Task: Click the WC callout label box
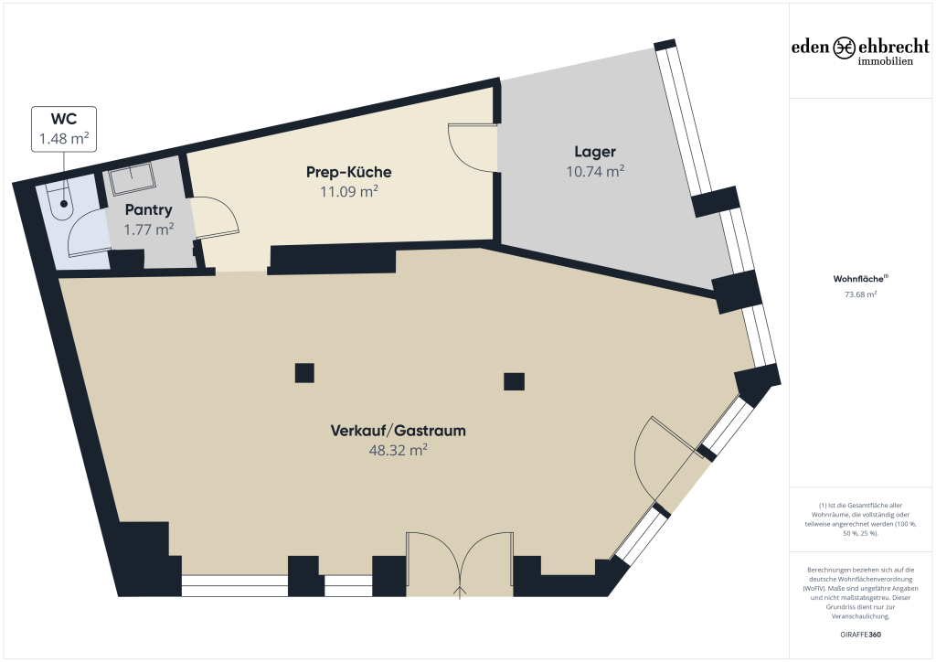point(64,129)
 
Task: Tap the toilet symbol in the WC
point(61,202)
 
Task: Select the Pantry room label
point(149,209)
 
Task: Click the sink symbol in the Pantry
point(132,178)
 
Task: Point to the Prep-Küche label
point(348,172)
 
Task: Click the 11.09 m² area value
point(348,192)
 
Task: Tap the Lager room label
point(594,152)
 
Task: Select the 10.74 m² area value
point(595,171)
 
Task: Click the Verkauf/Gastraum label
point(399,431)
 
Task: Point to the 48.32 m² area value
point(399,450)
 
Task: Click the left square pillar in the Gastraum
point(304,373)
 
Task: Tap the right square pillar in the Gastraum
point(514,381)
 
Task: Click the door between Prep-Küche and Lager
point(473,147)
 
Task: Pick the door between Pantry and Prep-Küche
point(215,218)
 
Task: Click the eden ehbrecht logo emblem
point(844,48)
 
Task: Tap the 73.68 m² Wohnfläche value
point(860,294)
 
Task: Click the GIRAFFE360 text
point(860,635)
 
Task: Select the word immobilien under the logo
point(885,61)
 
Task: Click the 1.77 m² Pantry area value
point(149,230)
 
